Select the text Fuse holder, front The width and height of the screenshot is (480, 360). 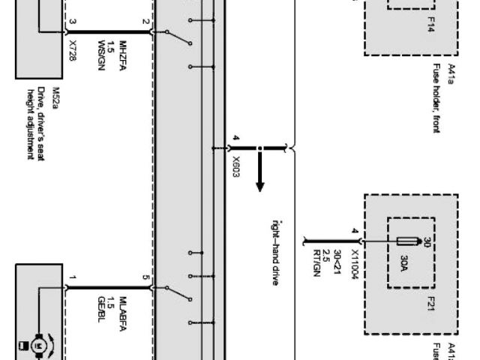(x=436, y=97)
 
